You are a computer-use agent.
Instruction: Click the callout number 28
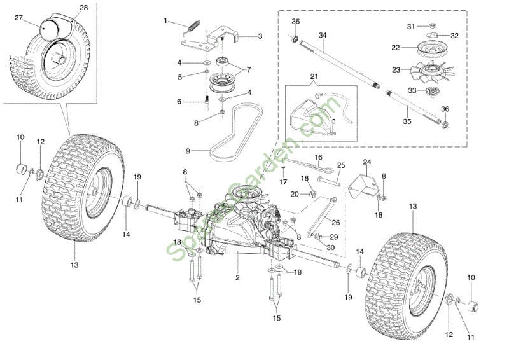[84, 8]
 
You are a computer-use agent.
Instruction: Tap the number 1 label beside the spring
[165, 20]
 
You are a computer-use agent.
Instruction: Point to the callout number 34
[322, 34]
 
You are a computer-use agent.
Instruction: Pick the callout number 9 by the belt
[188, 151]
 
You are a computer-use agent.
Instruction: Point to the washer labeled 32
[432, 36]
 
